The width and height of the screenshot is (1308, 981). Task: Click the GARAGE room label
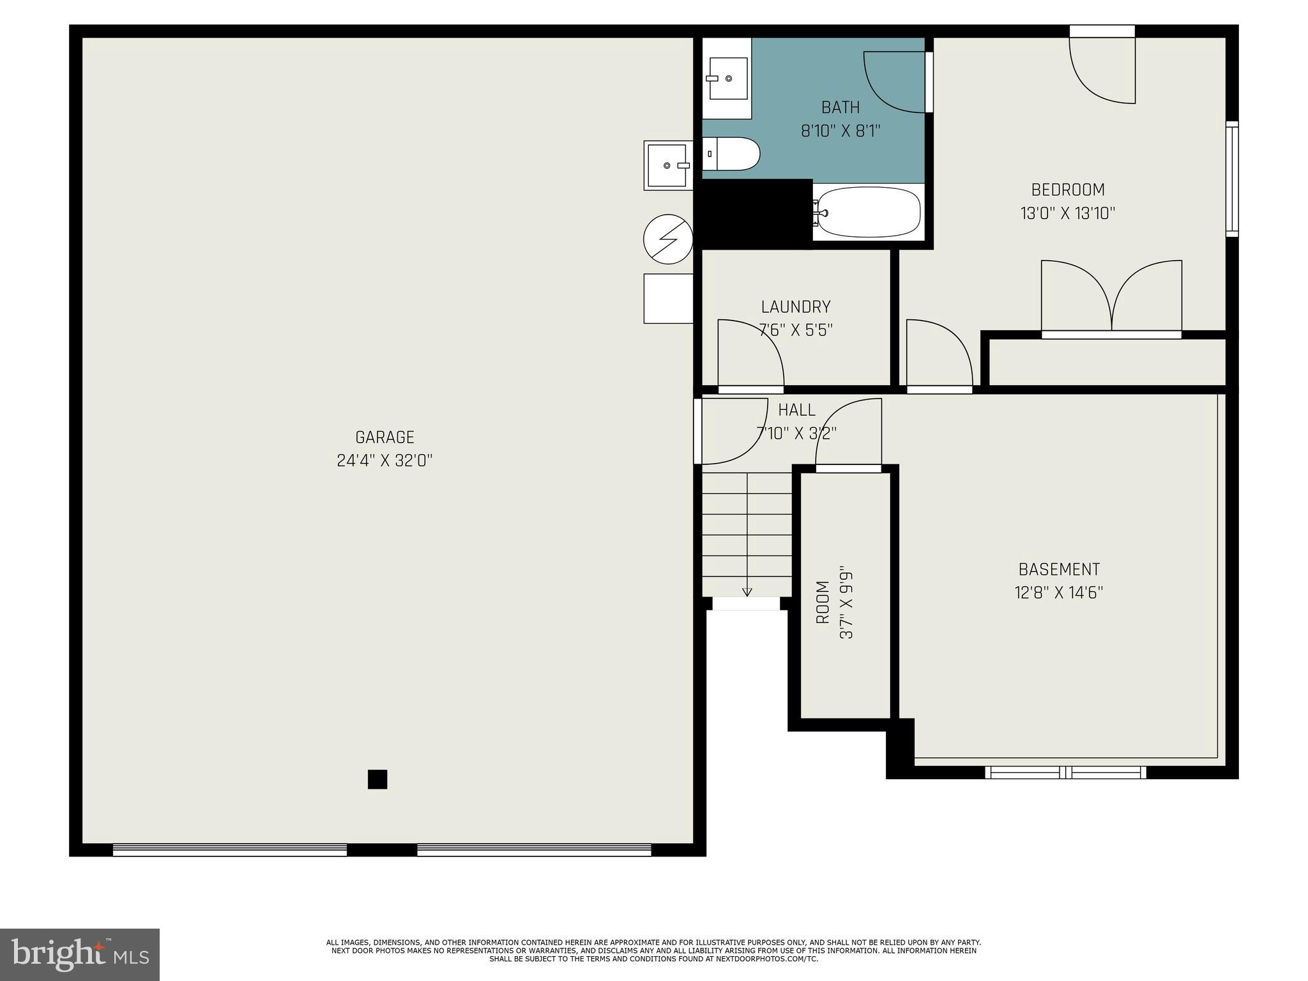tap(384, 437)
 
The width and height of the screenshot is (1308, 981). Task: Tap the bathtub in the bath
tap(869, 213)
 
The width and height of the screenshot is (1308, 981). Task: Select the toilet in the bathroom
tap(731, 154)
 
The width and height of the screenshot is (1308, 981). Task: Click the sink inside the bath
tap(727, 79)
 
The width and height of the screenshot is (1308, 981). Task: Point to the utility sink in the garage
tap(668, 165)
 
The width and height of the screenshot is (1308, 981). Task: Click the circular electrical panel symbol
tap(668, 239)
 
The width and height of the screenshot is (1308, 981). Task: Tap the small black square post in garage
tap(377, 779)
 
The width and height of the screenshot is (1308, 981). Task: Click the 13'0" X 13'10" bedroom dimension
tap(1068, 213)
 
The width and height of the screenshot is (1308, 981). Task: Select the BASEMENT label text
tap(1059, 569)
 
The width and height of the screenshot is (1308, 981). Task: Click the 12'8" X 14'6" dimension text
tap(1059, 593)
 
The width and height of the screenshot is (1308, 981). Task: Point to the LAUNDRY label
tap(796, 307)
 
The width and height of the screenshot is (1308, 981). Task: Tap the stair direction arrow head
tap(747, 592)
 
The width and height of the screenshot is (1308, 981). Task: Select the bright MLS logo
tap(80, 954)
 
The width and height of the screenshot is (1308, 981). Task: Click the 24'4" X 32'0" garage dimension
tap(384, 460)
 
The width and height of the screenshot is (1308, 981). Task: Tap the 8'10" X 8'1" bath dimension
tap(840, 131)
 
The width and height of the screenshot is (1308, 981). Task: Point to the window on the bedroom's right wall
tap(1232, 179)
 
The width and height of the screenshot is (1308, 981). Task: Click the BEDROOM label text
tap(1068, 190)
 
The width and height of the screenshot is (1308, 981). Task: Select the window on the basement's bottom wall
tap(1065, 772)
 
